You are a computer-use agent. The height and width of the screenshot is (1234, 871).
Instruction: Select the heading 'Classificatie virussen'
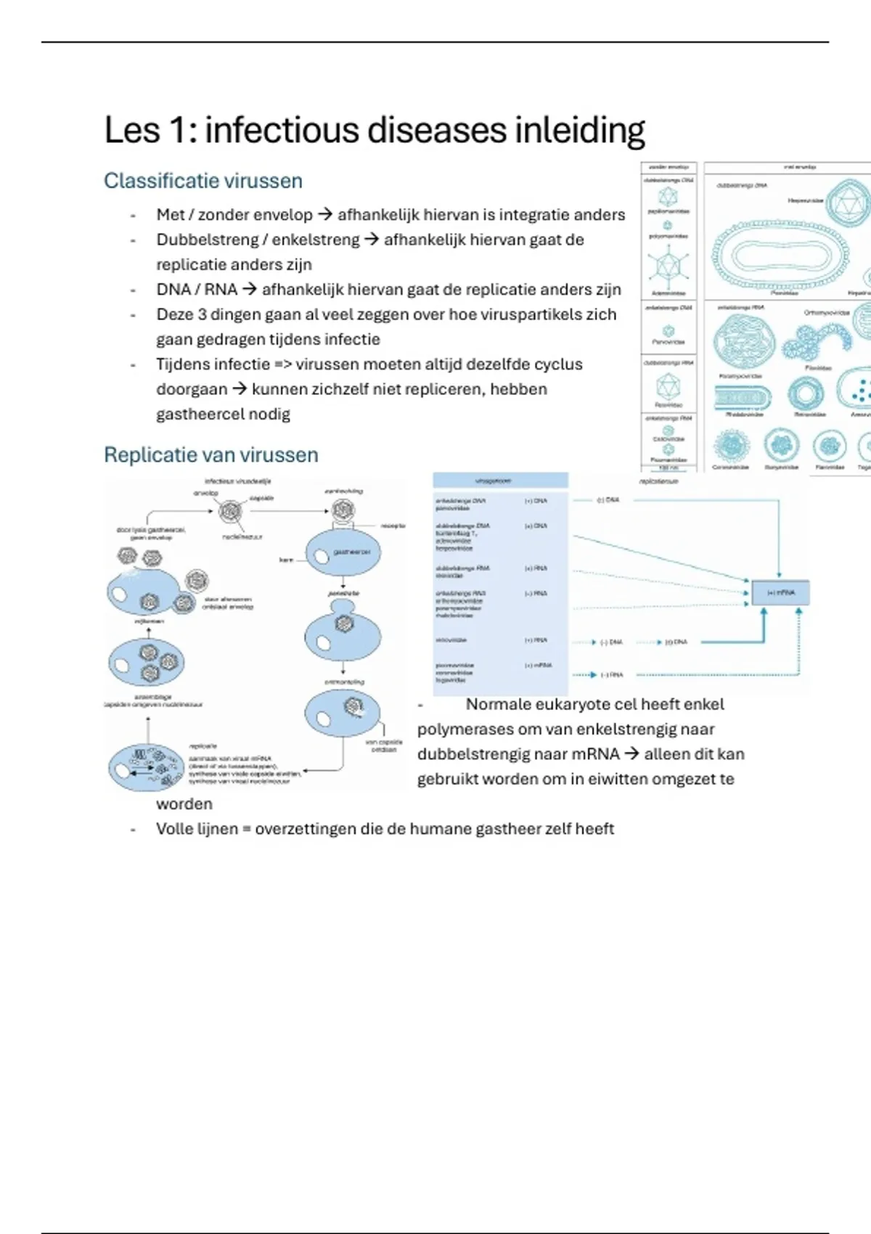[x=203, y=181]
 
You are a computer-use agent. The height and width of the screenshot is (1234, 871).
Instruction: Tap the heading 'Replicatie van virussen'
[x=210, y=455]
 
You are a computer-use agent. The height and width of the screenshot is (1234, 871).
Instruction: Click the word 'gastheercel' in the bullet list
[x=223, y=414]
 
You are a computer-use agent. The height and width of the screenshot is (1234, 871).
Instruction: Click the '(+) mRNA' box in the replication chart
[x=780, y=592]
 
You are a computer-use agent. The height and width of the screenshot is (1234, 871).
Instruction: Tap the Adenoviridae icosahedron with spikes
[x=667, y=266]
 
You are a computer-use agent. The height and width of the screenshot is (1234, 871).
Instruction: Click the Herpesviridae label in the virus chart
[x=805, y=200]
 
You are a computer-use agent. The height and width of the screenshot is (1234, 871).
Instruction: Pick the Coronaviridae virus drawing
[x=730, y=445]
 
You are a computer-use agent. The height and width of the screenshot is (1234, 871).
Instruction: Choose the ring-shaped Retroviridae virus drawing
[x=805, y=394]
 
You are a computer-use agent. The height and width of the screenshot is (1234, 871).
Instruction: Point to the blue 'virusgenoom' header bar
[x=500, y=481]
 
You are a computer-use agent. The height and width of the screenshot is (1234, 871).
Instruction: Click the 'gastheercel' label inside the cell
[x=352, y=552]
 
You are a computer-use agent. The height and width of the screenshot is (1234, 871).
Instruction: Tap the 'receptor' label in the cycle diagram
[x=393, y=525]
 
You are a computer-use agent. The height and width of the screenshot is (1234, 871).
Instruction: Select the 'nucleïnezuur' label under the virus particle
[x=242, y=537]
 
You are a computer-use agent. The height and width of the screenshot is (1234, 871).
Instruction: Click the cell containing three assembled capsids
[x=147, y=662]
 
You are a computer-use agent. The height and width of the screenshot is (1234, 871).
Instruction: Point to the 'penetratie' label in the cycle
[x=343, y=593]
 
